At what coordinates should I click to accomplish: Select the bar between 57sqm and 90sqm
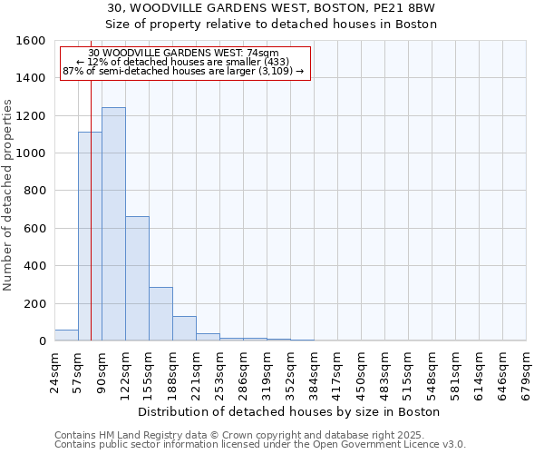90,236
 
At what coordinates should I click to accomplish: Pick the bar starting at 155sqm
160,314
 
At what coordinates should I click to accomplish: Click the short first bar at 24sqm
66,335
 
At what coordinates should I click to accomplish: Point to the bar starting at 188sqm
184,329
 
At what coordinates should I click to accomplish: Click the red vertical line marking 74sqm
92,209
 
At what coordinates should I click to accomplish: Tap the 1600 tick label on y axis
32,41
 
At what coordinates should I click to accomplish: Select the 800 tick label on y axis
34,191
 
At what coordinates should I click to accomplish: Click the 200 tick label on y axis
34,303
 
